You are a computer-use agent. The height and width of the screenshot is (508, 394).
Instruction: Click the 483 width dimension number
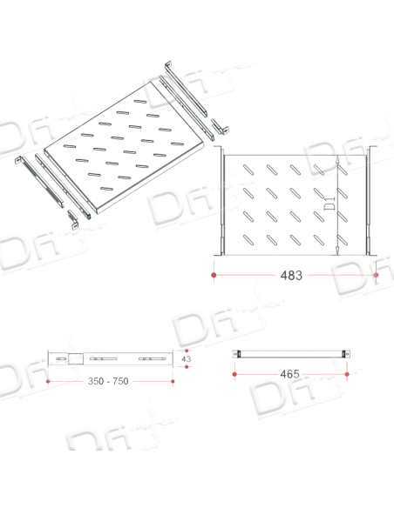pyautogui.click(x=291, y=276)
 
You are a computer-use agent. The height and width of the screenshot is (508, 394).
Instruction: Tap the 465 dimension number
pyautogui.click(x=289, y=374)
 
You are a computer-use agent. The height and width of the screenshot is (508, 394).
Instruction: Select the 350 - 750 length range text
pyautogui.click(x=108, y=381)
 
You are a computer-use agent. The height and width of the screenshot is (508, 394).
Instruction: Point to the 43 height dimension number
pyautogui.click(x=187, y=359)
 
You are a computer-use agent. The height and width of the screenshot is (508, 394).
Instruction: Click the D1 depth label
pyautogui.click(x=330, y=203)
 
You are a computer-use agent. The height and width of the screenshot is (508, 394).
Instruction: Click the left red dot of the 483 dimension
pyautogui.click(x=214, y=275)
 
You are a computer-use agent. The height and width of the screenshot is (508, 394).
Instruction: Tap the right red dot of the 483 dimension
pyautogui.click(x=376, y=275)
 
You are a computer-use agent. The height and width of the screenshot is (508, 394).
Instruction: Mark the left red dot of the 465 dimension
pyautogui.click(x=234, y=374)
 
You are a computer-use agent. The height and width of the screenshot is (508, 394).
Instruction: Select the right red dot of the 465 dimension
pyautogui.click(x=347, y=374)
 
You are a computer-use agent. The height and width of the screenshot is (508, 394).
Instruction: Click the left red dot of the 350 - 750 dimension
pyautogui.click(x=48, y=381)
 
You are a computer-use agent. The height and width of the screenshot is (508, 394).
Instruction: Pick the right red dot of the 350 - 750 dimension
pyautogui.click(x=173, y=381)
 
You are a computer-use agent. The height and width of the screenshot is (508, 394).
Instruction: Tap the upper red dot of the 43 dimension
pyautogui.click(x=187, y=351)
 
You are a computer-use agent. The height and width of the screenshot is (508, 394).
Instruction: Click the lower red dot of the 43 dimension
pyautogui.click(x=187, y=367)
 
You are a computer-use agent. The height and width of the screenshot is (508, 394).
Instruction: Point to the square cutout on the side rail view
pyautogui.click(x=76, y=358)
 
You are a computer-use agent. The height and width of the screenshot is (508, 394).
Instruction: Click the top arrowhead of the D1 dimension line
pyautogui.click(x=337, y=158)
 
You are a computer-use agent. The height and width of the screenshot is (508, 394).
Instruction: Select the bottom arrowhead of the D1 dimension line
pyautogui.click(x=337, y=251)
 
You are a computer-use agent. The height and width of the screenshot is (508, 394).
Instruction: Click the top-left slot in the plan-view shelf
pyautogui.click(x=248, y=170)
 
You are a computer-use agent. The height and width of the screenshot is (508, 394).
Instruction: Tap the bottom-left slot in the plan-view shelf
pyautogui.click(x=248, y=240)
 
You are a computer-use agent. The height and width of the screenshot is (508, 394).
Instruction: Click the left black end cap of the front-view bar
pyautogui.click(x=239, y=354)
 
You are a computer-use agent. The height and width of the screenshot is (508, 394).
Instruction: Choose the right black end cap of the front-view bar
pyautogui.click(x=343, y=354)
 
